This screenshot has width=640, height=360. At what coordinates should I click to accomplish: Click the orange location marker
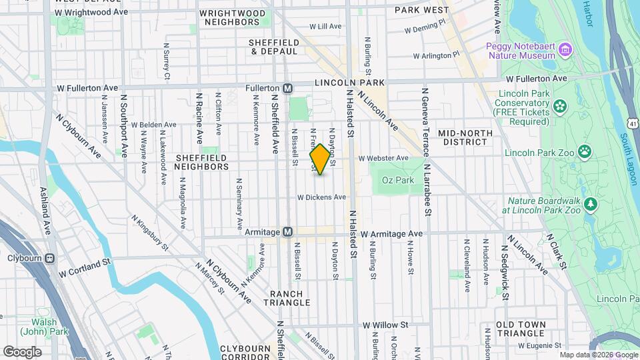(320, 159)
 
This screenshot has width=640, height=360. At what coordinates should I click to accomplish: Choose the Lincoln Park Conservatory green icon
(559, 105)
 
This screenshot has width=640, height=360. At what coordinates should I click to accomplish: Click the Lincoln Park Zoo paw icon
(585, 152)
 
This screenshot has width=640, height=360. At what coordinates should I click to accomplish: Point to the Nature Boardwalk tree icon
(589, 203)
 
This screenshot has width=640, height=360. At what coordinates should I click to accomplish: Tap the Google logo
(22, 351)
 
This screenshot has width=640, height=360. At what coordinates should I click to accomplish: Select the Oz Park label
(398, 180)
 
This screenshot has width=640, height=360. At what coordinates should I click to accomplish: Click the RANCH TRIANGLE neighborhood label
(290, 298)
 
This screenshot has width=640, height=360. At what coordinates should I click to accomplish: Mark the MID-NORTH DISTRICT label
(465, 137)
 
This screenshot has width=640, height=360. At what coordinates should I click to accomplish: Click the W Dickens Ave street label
(321, 197)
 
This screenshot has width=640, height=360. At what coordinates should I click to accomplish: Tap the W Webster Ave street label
(383, 158)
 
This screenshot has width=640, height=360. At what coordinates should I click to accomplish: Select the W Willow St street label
(385, 325)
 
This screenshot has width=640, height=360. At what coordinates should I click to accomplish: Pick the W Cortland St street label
(84, 269)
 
